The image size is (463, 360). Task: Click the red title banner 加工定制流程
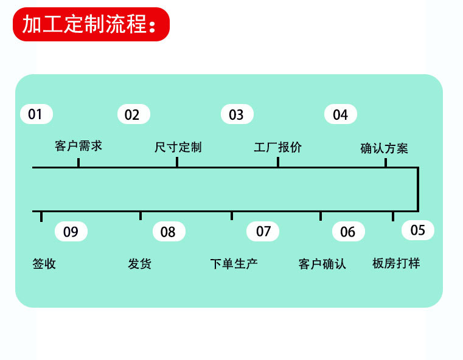(x=91, y=24)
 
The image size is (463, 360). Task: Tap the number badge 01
(x=37, y=114)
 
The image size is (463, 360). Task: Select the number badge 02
(x=134, y=114)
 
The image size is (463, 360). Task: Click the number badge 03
(x=237, y=114)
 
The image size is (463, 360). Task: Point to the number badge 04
(x=341, y=114)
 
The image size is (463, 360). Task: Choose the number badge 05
(x=418, y=230)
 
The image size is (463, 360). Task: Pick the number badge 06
(x=349, y=231)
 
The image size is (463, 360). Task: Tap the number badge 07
(x=263, y=231)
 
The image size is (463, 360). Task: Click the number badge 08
(x=169, y=231)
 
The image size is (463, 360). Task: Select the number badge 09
(x=71, y=231)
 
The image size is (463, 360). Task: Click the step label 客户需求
(x=78, y=146)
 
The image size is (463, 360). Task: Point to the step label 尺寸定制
(x=178, y=147)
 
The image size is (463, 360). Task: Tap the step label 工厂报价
(x=278, y=147)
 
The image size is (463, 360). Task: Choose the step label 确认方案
(x=384, y=148)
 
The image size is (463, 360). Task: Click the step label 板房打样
(x=396, y=263)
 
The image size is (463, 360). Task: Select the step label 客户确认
(x=322, y=264)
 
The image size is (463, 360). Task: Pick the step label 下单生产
(x=234, y=264)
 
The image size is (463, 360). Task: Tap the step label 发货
(x=140, y=264)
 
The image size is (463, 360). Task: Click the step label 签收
(x=44, y=264)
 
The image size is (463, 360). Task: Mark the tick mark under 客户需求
(x=78, y=162)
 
